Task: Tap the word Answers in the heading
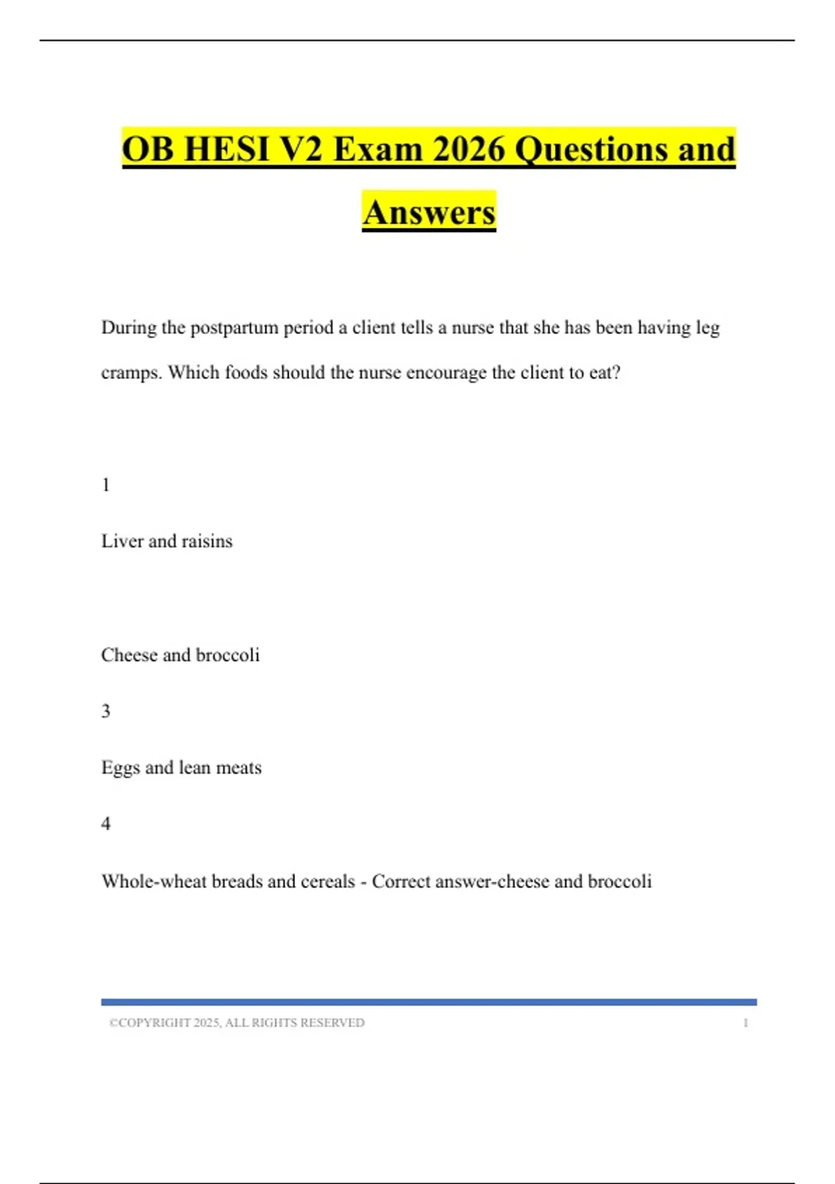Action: click(429, 212)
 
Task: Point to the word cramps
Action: click(132, 373)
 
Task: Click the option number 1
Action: click(106, 485)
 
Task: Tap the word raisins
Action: click(207, 541)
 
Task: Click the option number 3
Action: click(106, 711)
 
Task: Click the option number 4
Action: click(106, 824)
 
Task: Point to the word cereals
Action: click(328, 881)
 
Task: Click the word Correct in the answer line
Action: click(401, 881)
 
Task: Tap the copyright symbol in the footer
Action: click(113, 1023)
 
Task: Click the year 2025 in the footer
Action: click(207, 1023)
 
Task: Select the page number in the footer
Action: click(745, 1023)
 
